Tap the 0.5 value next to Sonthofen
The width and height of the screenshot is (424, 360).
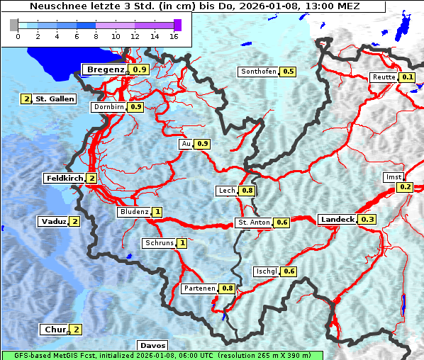(x=289, y=72)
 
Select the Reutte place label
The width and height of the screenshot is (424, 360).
(x=383, y=77)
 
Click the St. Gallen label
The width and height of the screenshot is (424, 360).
(x=55, y=99)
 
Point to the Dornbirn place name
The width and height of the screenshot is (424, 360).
(x=108, y=107)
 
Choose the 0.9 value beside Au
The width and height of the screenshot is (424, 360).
(x=203, y=144)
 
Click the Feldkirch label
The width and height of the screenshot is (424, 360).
(x=65, y=178)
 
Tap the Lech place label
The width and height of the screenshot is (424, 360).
(x=227, y=191)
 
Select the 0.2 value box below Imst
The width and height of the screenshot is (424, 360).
(x=405, y=187)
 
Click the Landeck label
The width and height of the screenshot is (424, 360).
(x=337, y=220)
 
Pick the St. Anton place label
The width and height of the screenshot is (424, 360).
(x=254, y=223)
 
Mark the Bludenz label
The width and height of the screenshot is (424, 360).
(x=134, y=212)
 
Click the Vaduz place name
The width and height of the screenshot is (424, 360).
(x=53, y=222)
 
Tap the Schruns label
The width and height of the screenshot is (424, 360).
(x=159, y=243)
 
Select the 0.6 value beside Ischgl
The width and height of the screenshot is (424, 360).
(x=289, y=271)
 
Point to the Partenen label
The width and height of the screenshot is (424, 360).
(x=199, y=288)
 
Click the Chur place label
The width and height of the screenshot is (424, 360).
(x=55, y=330)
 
